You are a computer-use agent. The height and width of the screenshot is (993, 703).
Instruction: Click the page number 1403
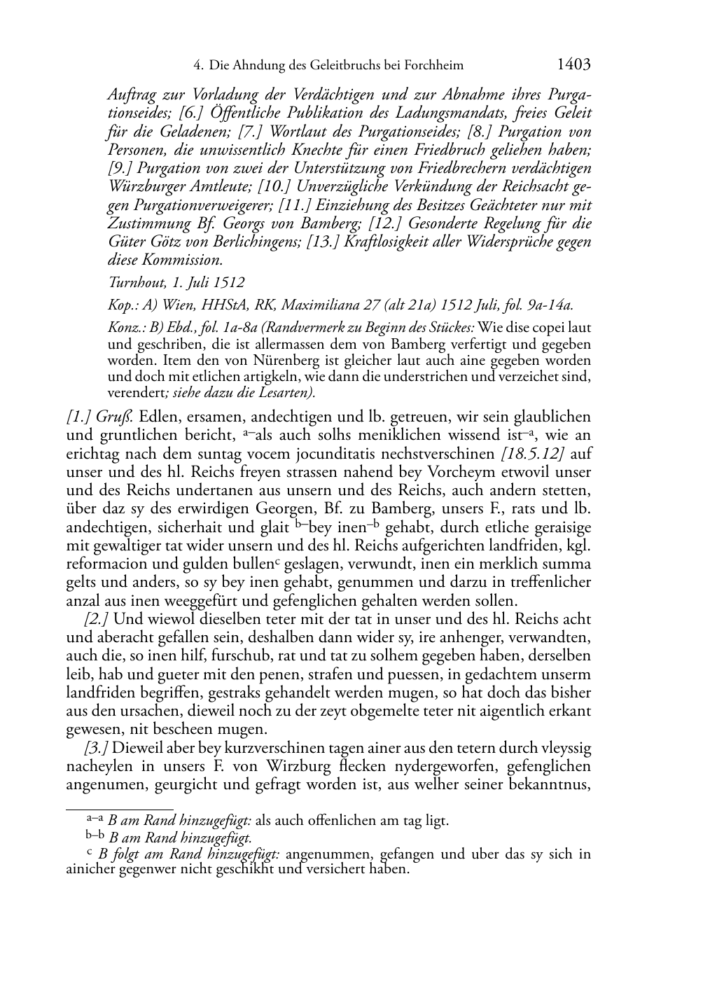tap(573, 65)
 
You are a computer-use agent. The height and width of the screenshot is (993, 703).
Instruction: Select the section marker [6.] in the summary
tap(192, 113)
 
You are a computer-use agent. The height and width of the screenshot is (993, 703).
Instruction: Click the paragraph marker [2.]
tap(97, 619)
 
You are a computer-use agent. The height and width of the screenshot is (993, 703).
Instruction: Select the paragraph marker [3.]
tap(97, 748)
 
